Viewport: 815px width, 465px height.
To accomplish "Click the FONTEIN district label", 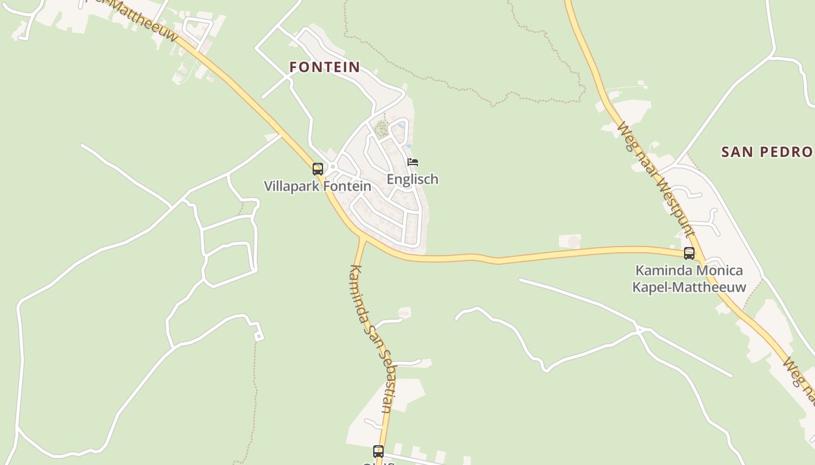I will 325,67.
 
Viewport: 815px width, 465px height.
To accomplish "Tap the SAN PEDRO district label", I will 767,152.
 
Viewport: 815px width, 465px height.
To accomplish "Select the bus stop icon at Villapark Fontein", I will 318,169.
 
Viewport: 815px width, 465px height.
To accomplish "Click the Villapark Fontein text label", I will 317,187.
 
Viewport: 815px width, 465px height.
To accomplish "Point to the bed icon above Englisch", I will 413,162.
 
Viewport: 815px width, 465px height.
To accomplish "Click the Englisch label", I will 412,180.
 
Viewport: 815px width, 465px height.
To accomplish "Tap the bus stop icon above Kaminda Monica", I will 689,253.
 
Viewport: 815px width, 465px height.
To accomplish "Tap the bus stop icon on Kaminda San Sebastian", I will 378,452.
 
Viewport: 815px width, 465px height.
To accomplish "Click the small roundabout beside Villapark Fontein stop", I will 333,167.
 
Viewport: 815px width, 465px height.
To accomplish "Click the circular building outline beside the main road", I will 574,241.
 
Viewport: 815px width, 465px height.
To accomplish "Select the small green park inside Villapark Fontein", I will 381,129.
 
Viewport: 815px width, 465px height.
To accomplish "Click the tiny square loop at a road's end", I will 258,336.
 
